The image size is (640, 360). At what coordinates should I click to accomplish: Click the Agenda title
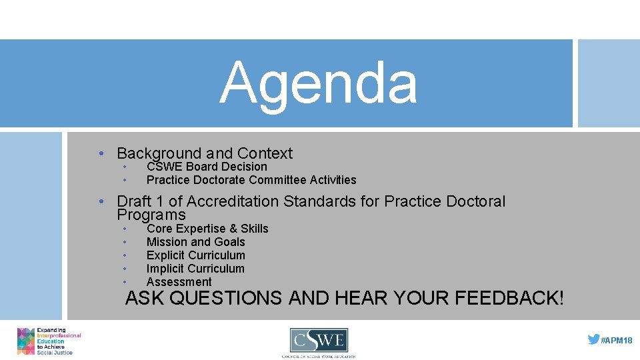319,83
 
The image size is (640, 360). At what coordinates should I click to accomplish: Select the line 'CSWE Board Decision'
207,167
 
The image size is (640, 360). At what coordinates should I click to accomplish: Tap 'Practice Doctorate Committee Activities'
251,180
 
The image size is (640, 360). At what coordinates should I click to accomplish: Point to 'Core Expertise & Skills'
207,229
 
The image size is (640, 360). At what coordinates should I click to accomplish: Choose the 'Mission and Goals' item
195,242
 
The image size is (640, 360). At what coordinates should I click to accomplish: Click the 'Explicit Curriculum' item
195,255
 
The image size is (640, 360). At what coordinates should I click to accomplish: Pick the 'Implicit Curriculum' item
195,269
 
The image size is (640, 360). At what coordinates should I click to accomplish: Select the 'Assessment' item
179,282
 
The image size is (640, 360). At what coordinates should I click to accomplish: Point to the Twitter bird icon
593,339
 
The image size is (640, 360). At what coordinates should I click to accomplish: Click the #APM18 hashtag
617,340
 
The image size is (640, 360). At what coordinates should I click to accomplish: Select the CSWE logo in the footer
319,341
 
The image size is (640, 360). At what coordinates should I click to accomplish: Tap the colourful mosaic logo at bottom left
25,341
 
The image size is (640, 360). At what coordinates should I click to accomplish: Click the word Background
159,153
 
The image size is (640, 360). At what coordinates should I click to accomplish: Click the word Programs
151,215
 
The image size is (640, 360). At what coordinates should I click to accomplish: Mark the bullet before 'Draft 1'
100,201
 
